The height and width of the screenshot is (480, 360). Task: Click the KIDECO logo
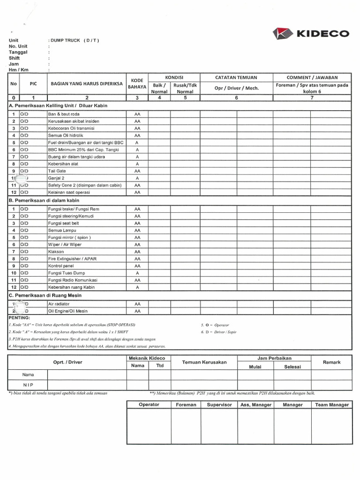311,34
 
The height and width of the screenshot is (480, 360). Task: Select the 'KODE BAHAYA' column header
137,84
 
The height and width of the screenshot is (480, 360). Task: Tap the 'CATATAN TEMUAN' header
236,77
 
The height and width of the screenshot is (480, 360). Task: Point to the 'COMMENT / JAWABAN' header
312,77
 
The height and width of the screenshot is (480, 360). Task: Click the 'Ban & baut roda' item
64,114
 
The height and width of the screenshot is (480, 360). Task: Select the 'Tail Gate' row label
57,171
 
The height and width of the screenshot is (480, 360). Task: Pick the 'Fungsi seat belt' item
63,223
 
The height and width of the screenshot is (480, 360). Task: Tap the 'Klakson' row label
56,252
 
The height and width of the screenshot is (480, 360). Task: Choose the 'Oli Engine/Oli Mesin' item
67,311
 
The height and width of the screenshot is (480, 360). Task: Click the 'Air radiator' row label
59,304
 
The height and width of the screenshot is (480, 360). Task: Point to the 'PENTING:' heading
19,318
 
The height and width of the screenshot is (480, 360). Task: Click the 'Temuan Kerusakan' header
204,362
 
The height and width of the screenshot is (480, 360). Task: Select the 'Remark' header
331,362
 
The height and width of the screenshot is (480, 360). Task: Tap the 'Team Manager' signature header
331,405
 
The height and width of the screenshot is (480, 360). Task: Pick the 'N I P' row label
28,385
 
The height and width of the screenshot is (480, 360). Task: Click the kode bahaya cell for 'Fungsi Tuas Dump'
137,273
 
